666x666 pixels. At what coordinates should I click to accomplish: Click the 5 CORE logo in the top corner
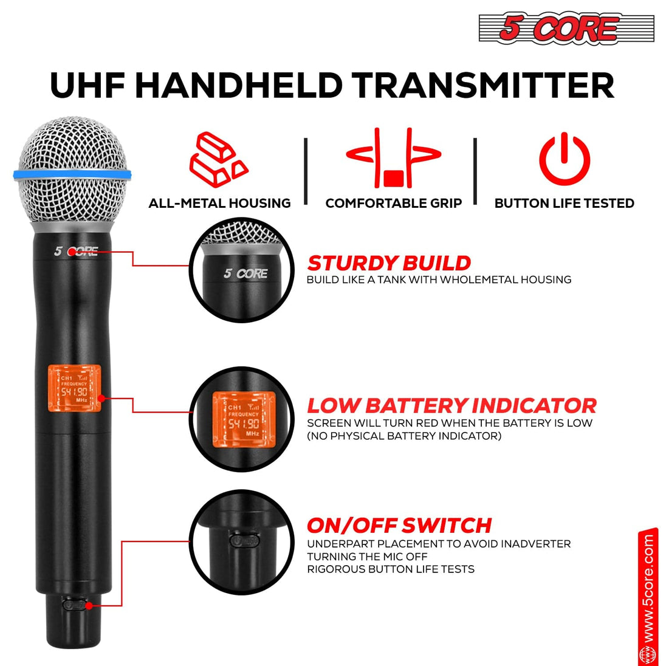pos(566,29)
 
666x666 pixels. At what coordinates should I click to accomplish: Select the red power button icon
pos(565,159)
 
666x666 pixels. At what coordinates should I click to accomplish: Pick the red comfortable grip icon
pos(393,159)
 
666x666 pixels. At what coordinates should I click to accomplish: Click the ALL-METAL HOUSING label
pos(219,203)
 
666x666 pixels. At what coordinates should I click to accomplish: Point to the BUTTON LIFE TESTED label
pos(564,203)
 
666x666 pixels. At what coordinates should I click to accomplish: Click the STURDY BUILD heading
pos(388,263)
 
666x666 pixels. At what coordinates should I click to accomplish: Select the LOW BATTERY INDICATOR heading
pos(451,405)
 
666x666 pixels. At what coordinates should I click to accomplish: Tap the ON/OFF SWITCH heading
pos(399,525)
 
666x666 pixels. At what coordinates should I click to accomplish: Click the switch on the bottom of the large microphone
pos(75,605)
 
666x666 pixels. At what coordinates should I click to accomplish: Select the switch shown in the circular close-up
pos(244,540)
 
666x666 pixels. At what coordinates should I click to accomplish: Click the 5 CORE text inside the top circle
pos(245,273)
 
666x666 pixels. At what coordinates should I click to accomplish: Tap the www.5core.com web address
pos(648,588)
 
